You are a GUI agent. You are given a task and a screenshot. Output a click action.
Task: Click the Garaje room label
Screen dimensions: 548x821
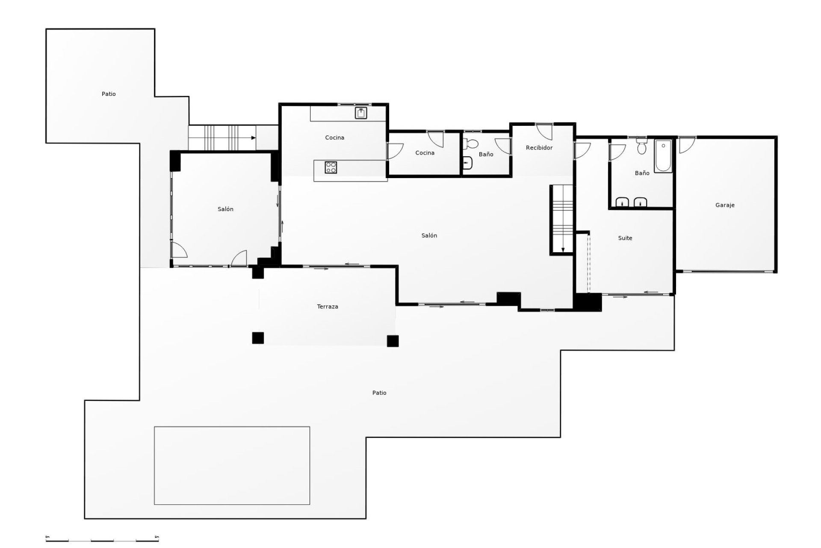[x=725, y=205]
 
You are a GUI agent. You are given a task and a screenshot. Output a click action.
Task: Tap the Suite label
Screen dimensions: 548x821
[x=625, y=238]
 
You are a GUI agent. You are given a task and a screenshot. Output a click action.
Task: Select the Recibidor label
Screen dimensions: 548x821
[x=539, y=148]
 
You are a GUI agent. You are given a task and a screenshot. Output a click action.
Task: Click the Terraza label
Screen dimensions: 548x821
[x=328, y=307]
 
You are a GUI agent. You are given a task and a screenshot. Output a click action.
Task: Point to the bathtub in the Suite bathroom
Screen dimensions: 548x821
[x=663, y=156]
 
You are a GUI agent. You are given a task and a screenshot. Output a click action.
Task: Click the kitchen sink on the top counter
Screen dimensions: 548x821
[x=361, y=113]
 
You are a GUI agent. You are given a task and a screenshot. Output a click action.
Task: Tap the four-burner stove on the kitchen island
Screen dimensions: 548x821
[x=331, y=167]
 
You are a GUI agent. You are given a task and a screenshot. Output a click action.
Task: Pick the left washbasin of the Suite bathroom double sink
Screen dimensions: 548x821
[x=622, y=202]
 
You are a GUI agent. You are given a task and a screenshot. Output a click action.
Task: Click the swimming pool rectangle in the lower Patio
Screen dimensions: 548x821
[x=232, y=465]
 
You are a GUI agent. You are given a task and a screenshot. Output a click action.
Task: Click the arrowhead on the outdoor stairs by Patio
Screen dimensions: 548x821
[x=254, y=138]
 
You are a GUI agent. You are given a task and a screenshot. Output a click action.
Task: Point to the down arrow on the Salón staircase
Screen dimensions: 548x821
[x=563, y=250]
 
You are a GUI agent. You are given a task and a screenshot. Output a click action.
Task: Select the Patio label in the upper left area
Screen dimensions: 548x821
[x=109, y=94]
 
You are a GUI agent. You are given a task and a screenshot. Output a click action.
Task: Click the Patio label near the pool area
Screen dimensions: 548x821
[x=379, y=393]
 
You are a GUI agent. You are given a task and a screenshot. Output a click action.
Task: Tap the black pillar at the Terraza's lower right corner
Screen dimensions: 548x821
[x=393, y=341]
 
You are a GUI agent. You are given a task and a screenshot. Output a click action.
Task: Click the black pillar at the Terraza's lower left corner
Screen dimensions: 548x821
[x=258, y=338]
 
